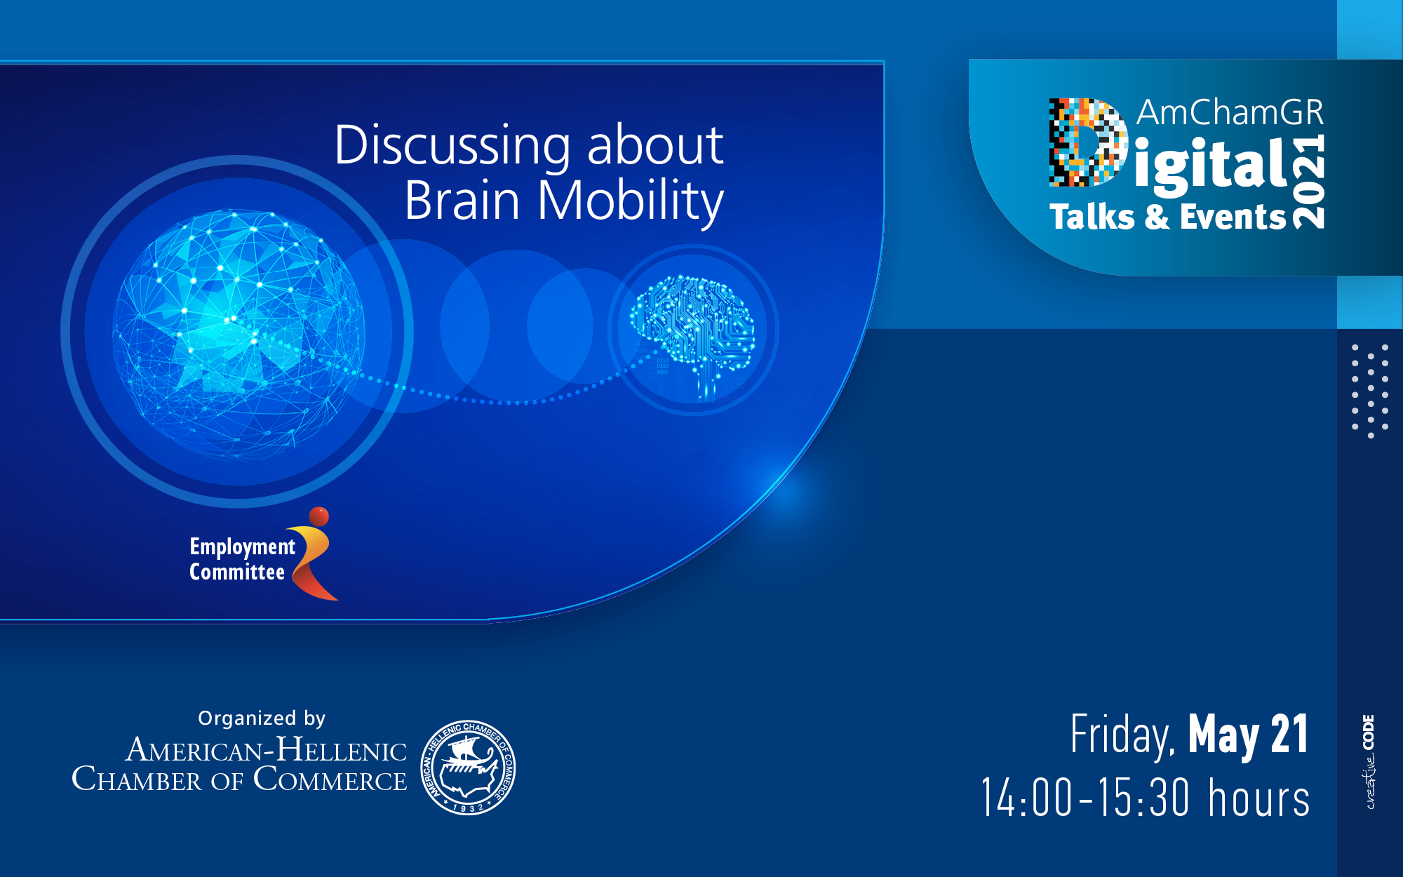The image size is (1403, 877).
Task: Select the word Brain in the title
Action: tap(462, 201)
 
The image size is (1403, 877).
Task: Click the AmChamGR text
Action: tap(1230, 113)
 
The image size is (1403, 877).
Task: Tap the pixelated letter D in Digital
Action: tap(1087, 142)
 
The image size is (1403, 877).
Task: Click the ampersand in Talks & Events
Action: tap(1157, 217)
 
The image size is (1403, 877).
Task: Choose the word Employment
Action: tap(242, 547)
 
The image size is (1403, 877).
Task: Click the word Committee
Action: tap(236, 572)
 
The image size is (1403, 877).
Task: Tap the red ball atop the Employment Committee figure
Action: tap(319, 516)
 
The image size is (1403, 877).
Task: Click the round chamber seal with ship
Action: tap(468, 767)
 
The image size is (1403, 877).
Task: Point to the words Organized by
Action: tap(262, 718)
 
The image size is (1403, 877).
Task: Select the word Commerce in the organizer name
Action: tap(330, 779)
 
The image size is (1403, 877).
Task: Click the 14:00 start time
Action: tap(1026, 798)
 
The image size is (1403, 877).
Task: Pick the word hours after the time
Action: tap(1258, 798)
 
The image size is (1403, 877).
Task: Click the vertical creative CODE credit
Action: tap(1370, 762)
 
